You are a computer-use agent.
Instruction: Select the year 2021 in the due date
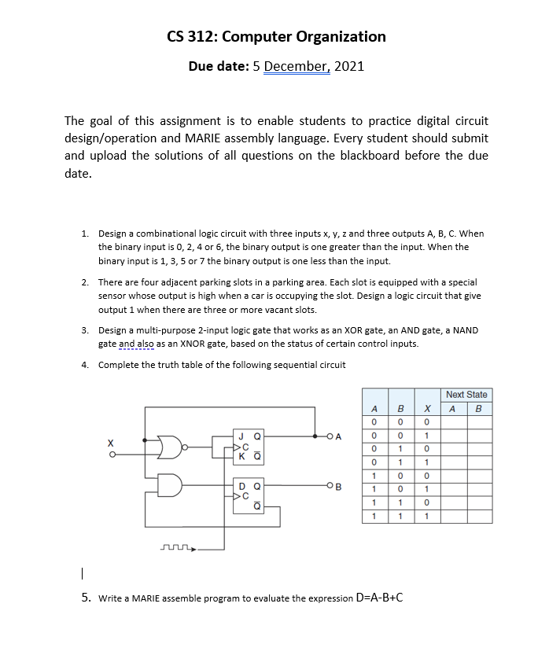coord(349,66)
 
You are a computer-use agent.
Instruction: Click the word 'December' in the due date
coord(297,66)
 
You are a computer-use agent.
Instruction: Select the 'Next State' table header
coord(466,394)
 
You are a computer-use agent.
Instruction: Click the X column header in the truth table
coord(426,408)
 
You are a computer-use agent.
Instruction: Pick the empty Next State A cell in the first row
coord(453,422)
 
